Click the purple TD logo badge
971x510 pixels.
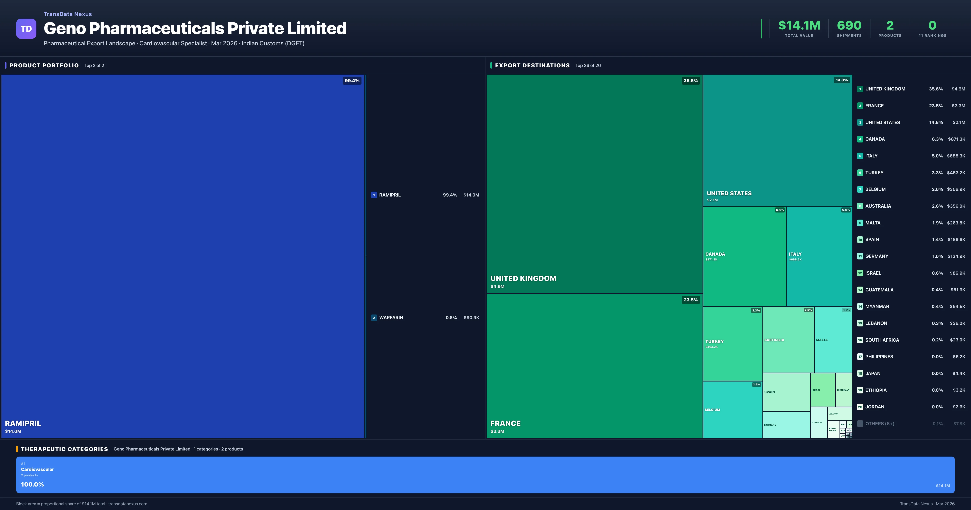pyautogui.click(x=26, y=29)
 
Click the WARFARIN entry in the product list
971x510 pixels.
pyautogui.click(x=391, y=318)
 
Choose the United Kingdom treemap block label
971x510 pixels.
pyautogui.click(x=523, y=278)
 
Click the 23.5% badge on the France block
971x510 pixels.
pyautogui.click(x=691, y=300)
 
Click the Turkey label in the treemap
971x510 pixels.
pyautogui.click(x=714, y=341)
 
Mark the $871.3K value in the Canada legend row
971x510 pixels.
pyautogui.click(x=956, y=139)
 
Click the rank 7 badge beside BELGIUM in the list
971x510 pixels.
pyautogui.click(x=860, y=189)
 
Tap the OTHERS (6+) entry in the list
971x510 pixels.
pyautogui.click(x=879, y=424)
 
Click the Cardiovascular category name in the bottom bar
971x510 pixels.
pyautogui.click(x=37, y=469)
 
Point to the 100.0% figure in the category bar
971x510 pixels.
pyautogui.click(x=32, y=484)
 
